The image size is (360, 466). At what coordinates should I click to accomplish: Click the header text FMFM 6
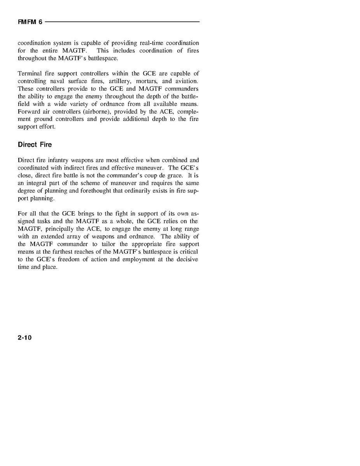click(30, 22)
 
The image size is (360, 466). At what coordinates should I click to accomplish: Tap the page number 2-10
click(24, 338)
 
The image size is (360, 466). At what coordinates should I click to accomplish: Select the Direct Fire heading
click(35, 145)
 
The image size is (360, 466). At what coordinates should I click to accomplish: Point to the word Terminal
click(29, 74)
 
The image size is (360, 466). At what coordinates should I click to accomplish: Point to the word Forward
click(28, 112)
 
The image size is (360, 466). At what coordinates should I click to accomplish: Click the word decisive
click(187, 259)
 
